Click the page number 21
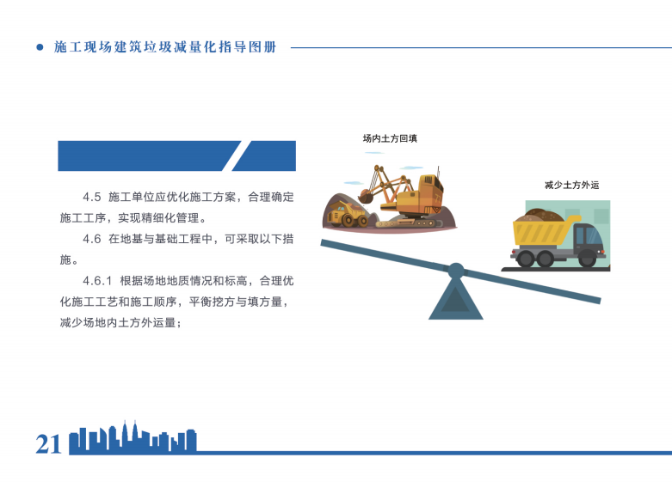[x=48, y=444]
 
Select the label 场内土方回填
[x=390, y=138]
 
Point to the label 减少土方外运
[x=571, y=186]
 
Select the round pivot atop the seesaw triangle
[x=456, y=271]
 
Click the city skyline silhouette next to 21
[x=133, y=439]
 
